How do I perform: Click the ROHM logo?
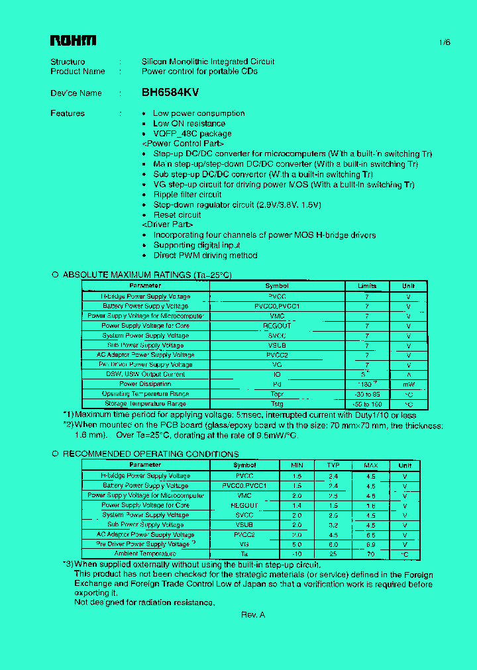73,41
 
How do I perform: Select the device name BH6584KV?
170,93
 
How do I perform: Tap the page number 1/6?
444,42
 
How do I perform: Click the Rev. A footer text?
253,615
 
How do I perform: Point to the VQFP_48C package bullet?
183,134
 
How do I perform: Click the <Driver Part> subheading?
165,225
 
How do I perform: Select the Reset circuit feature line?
177,215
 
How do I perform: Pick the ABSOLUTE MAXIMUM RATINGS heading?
147,275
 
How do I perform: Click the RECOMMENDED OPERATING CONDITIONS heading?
150,454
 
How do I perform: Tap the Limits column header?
367,286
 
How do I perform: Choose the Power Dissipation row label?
145,384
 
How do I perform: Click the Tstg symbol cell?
277,404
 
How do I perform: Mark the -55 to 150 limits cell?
367,404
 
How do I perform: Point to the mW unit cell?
408,384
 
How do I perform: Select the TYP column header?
333,465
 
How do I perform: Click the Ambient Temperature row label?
145,553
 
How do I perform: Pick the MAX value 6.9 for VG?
370,544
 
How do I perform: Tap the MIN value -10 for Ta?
297,553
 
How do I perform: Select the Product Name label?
78,72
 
